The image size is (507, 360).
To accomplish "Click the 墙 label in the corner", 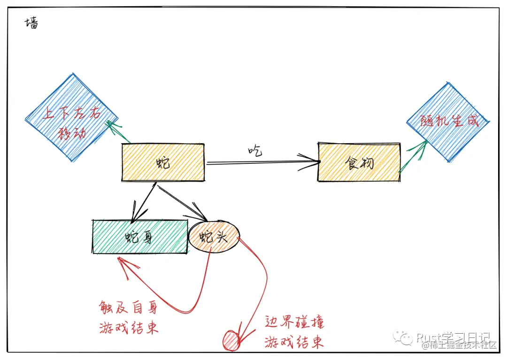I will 31,23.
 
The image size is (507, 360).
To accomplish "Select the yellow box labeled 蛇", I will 163,162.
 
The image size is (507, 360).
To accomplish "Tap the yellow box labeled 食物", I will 359,162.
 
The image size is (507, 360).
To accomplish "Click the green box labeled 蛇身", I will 139,237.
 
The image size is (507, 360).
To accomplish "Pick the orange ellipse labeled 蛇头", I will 214,237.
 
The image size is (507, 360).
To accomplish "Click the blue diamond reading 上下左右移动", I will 71,117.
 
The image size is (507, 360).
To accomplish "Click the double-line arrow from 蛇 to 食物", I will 263,162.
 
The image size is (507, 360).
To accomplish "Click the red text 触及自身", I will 128,308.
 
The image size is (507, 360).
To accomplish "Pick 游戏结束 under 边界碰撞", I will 294,342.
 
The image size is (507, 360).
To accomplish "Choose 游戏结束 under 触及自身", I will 128,327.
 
